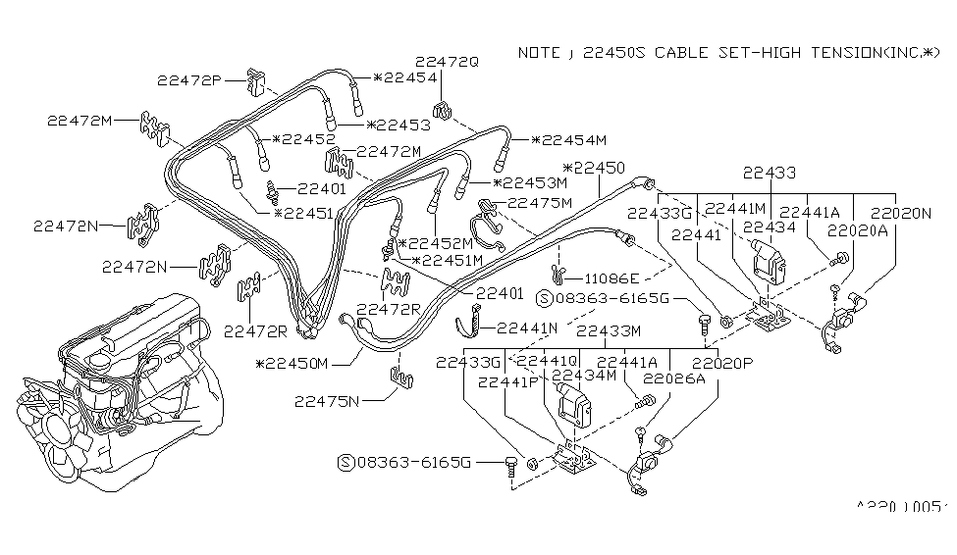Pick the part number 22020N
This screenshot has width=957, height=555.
pos(901,211)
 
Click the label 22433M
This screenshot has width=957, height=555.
pos(609,331)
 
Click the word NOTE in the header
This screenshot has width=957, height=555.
pos(539,52)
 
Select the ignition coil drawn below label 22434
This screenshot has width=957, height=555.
pos(769,260)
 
